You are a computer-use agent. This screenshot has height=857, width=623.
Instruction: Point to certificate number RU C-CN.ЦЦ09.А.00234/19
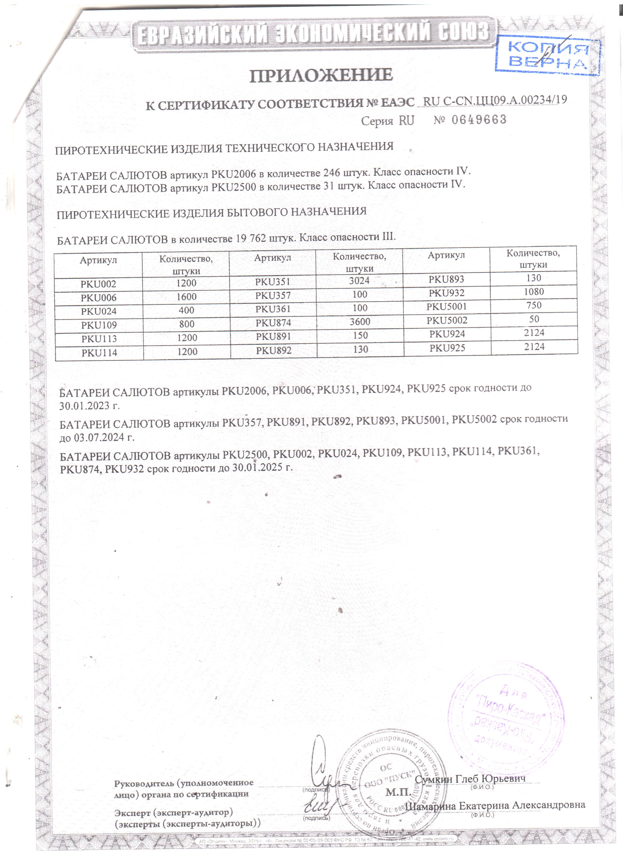click(495, 100)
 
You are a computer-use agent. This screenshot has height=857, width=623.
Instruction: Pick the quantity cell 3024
click(359, 281)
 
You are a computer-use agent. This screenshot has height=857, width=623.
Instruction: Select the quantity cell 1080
click(534, 292)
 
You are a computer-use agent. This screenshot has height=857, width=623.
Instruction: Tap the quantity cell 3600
click(360, 321)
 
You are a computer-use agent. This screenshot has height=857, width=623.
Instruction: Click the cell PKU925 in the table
click(447, 348)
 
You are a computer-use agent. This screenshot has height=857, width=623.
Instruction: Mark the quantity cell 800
click(187, 324)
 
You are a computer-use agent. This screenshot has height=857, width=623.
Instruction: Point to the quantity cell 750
click(534, 305)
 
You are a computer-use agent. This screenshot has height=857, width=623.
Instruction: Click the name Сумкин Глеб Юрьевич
click(470, 779)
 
